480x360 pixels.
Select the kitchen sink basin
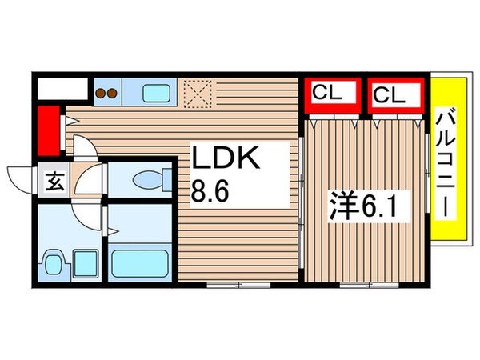[157, 92]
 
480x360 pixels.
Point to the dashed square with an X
[197, 92]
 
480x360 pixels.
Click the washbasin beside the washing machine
[54, 262]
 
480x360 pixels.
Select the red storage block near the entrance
[50, 130]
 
